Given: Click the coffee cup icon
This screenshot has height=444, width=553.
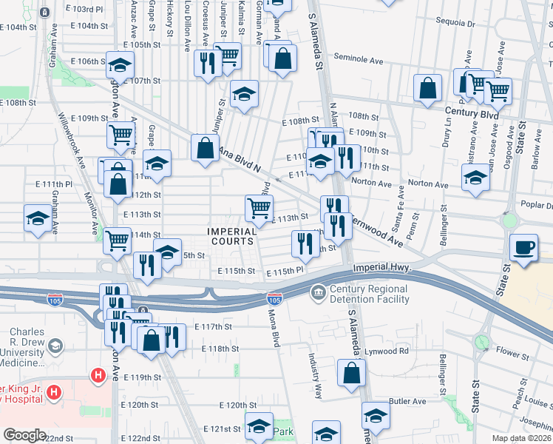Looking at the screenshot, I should point(524,247).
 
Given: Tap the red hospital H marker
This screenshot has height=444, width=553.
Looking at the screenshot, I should point(98,377).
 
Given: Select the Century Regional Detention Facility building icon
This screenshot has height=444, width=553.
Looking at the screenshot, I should point(318,294).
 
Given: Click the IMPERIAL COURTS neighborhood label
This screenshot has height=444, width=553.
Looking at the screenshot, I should point(231,237).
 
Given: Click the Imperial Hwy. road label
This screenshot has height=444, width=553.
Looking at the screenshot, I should point(381,268).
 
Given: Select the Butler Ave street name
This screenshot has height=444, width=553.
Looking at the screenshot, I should point(409,401).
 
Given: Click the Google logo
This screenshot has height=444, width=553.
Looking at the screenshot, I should point(24,435).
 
